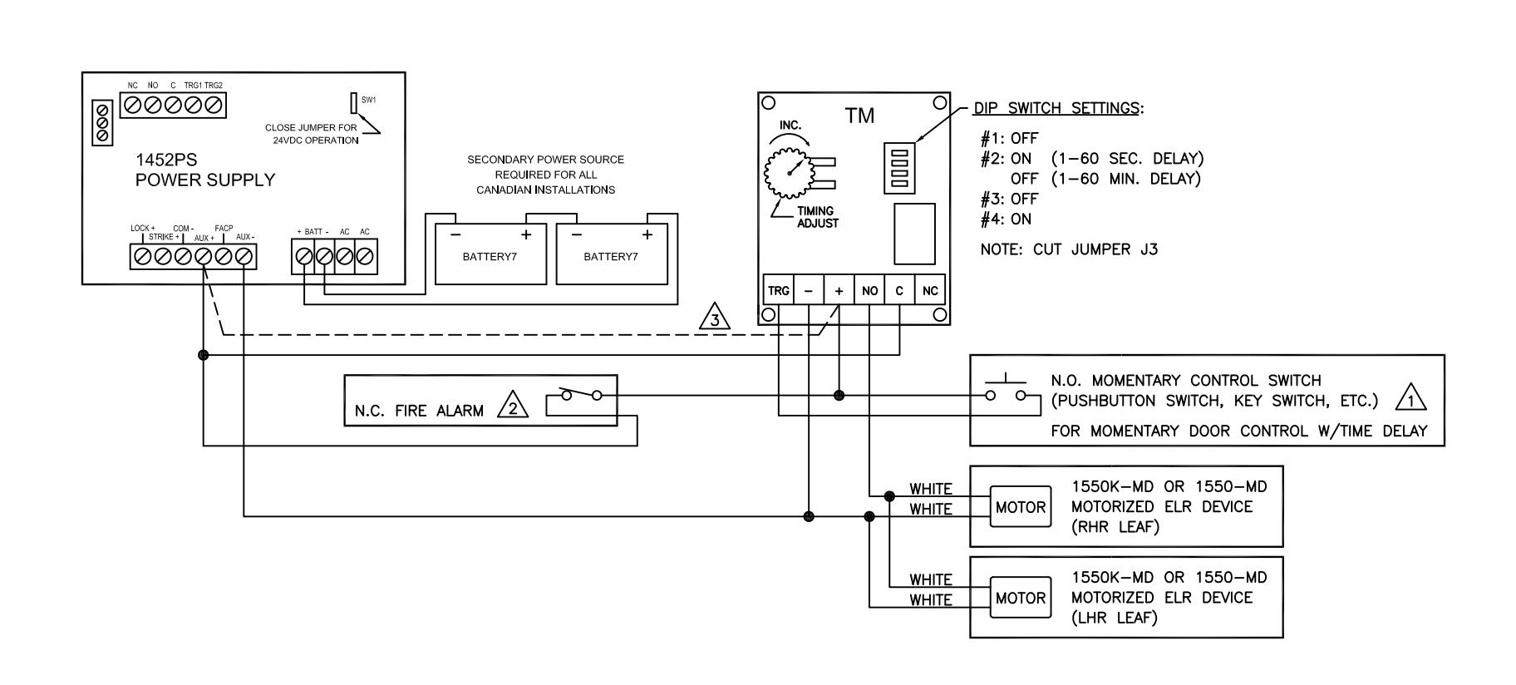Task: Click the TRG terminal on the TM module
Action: click(779, 290)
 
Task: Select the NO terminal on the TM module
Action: click(869, 290)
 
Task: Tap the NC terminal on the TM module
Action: click(930, 290)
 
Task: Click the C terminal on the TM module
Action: click(899, 290)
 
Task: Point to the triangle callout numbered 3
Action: click(715, 317)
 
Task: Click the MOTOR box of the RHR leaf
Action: click(1020, 507)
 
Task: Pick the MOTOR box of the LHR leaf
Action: click(1020, 598)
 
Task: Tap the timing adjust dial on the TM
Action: click(785, 170)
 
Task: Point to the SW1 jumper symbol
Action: click(354, 102)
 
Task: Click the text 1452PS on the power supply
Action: click(166, 160)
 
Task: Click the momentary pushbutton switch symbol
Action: click(1005, 390)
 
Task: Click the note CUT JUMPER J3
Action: click(1069, 249)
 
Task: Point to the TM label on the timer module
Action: click(859, 116)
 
